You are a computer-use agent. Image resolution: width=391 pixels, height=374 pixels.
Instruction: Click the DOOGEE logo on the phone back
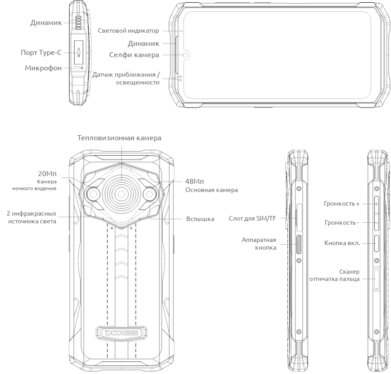click(121, 333)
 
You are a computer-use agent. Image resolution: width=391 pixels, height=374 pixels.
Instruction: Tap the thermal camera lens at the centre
click(121, 194)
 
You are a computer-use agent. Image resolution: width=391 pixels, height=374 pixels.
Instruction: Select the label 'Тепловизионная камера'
click(119, 138)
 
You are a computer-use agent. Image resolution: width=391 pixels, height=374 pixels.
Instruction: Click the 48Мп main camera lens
click(150, 194)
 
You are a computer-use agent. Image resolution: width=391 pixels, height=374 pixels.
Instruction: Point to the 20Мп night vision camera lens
click(93, 194)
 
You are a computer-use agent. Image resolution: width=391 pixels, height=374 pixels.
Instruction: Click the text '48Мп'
click(194, 181)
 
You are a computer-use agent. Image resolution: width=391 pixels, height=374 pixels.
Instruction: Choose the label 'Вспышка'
click(200, 219)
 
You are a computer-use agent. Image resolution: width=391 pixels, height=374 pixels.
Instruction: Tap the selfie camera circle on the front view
click(185, 55)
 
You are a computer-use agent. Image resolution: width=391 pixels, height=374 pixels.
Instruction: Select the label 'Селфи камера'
click(134, 55)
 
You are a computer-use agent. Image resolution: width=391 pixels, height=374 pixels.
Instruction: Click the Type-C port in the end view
click(79, 53)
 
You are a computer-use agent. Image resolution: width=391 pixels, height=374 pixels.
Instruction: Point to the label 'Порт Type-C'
click(41, 53)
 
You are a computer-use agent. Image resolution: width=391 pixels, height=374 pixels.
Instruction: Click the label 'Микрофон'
click(43, 68)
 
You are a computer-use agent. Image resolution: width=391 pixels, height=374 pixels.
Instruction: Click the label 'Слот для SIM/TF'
click(252, 219)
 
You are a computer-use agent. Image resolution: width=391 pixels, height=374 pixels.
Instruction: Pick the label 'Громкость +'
click(342, 204)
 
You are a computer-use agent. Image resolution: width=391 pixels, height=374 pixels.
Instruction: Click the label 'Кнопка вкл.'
click(342, 243)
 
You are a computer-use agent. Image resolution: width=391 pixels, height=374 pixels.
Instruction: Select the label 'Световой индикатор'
click(128, 31)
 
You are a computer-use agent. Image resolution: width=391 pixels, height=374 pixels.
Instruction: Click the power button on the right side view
click(377, 243)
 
